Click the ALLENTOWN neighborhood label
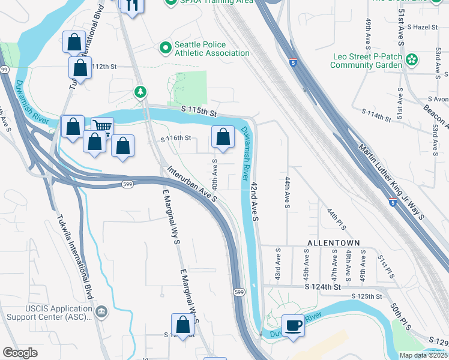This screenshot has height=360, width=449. [x=333, y=243]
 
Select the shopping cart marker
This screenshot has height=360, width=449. [x=102, y=128]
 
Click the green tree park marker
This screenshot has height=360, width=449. [x=140, y=92]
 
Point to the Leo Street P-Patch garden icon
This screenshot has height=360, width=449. [x=412, y=59]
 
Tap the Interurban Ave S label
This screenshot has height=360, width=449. [x=191, y=183]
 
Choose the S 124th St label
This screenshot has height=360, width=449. [x=322, y=287]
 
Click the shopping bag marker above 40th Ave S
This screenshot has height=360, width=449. [x=223, y=137]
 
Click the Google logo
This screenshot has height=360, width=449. [x=20, y=353]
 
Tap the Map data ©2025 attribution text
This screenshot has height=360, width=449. [x=423, y=355]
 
